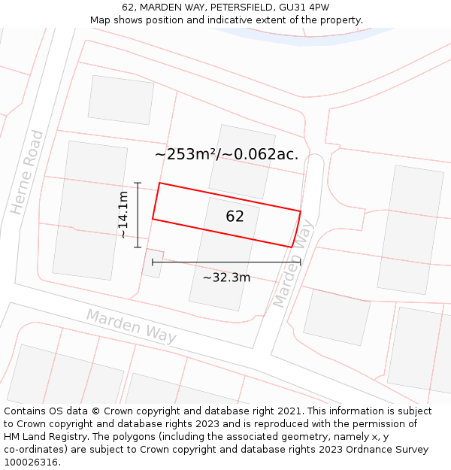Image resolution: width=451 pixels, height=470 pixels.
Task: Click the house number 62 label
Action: [235, 217]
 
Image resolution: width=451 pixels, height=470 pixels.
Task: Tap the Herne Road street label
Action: [28, 172]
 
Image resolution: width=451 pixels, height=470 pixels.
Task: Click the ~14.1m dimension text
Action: [123, 215]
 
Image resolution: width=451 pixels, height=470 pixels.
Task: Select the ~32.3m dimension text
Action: [226, 277]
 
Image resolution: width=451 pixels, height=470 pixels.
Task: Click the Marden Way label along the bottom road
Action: [132, 326]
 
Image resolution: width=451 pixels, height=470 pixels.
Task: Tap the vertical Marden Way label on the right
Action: [292, 268]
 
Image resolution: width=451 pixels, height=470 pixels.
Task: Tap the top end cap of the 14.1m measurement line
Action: [138, 183]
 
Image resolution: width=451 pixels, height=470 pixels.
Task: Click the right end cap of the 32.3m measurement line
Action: [301, 262]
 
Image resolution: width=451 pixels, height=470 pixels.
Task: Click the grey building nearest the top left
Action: [121, 99]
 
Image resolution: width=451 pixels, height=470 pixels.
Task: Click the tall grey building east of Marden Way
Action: [410, 229]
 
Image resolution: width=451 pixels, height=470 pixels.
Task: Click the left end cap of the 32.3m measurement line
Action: [153, 262]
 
